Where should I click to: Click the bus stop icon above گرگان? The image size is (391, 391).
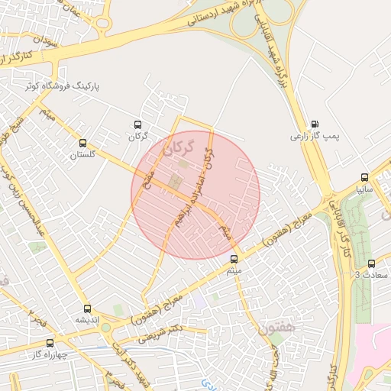pyautogui.click(x=137, y=124)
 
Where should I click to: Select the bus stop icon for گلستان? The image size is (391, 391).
pyautogui.click(x=82, y=143)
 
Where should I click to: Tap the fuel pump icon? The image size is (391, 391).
pyautogui.click(x=315, y=124)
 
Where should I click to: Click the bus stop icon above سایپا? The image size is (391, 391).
pyautogui.click(x=364, y=176)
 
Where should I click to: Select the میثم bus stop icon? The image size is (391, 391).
pyautogui.click(x=234, y=258)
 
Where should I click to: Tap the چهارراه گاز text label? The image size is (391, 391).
pyautogui.click(x=47, y=354)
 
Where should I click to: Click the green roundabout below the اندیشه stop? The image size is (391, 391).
pyautogui.click(x=106, y=328)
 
